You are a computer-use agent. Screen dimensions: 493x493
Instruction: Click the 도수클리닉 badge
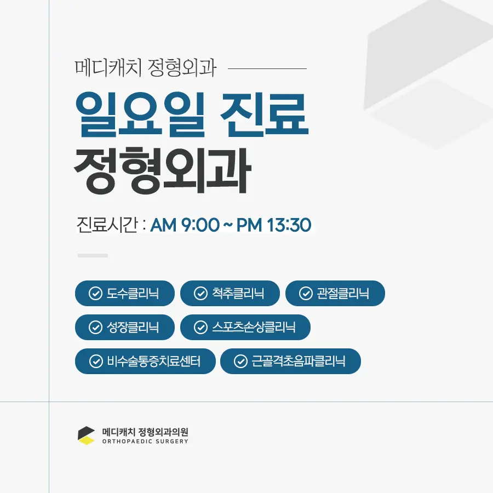coord(125,294)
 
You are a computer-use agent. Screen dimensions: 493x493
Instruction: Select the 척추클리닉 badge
coord(230,294)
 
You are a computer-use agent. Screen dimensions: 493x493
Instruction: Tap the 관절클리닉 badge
coord(335,294)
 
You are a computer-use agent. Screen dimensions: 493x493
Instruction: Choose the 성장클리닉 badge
coord(125,328)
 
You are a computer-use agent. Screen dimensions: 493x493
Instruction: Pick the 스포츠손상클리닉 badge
coord(245,328)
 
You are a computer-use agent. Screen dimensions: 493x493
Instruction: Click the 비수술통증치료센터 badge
coord(145,362)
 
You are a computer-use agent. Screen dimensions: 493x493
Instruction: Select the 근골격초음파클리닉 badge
coord(290,362)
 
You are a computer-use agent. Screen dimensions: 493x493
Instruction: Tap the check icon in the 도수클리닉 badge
coord(95,294)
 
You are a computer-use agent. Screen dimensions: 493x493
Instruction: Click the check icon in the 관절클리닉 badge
coord(306,294)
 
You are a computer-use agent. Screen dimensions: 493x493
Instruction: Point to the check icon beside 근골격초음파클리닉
coord(240,362)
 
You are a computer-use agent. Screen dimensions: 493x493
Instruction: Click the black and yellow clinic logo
coord(86,435)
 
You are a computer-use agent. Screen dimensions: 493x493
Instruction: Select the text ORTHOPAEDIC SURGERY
coord(145,442)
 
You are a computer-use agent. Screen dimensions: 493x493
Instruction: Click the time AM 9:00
coord(185,225)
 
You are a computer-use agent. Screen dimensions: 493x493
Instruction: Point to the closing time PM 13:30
coord(274,225)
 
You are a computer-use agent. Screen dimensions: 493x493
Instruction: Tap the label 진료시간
coord(107,225)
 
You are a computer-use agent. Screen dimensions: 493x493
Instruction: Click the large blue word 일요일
coord(140,114)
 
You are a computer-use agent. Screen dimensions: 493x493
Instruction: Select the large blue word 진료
coord(264,114)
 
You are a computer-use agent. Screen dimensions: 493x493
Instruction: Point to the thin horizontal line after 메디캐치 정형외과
coord(267,68)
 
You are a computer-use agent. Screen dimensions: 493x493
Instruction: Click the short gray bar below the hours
coord(93,256)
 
